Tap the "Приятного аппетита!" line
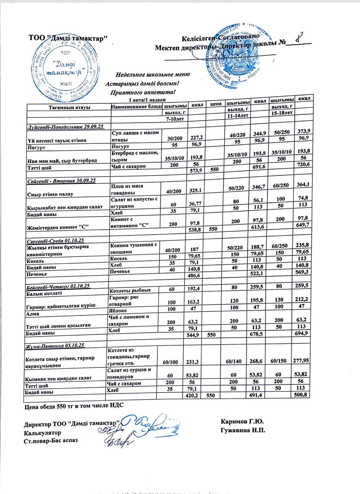coord(143,92)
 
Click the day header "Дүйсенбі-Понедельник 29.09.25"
coord(63,127)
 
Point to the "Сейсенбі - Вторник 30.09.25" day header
coord(61,180)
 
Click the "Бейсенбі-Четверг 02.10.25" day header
coord(58,286)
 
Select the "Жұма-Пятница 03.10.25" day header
coord(56,345)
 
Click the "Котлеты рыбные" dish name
coord(130,290)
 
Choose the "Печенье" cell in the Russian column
coord(120,271)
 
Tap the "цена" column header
coord(215,104)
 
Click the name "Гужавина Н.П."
coord(243,430)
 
